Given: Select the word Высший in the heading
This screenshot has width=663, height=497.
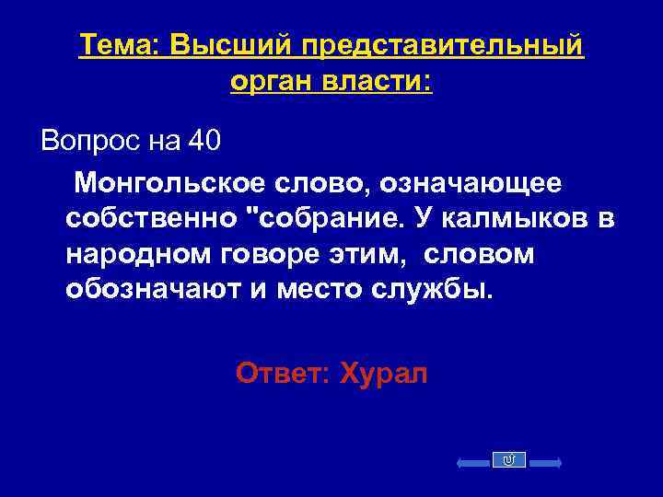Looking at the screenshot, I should [x=235, y=45].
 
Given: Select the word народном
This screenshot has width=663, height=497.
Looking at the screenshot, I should [x=133, y=254].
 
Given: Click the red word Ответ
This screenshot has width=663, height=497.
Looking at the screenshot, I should [x=281, y=374].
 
